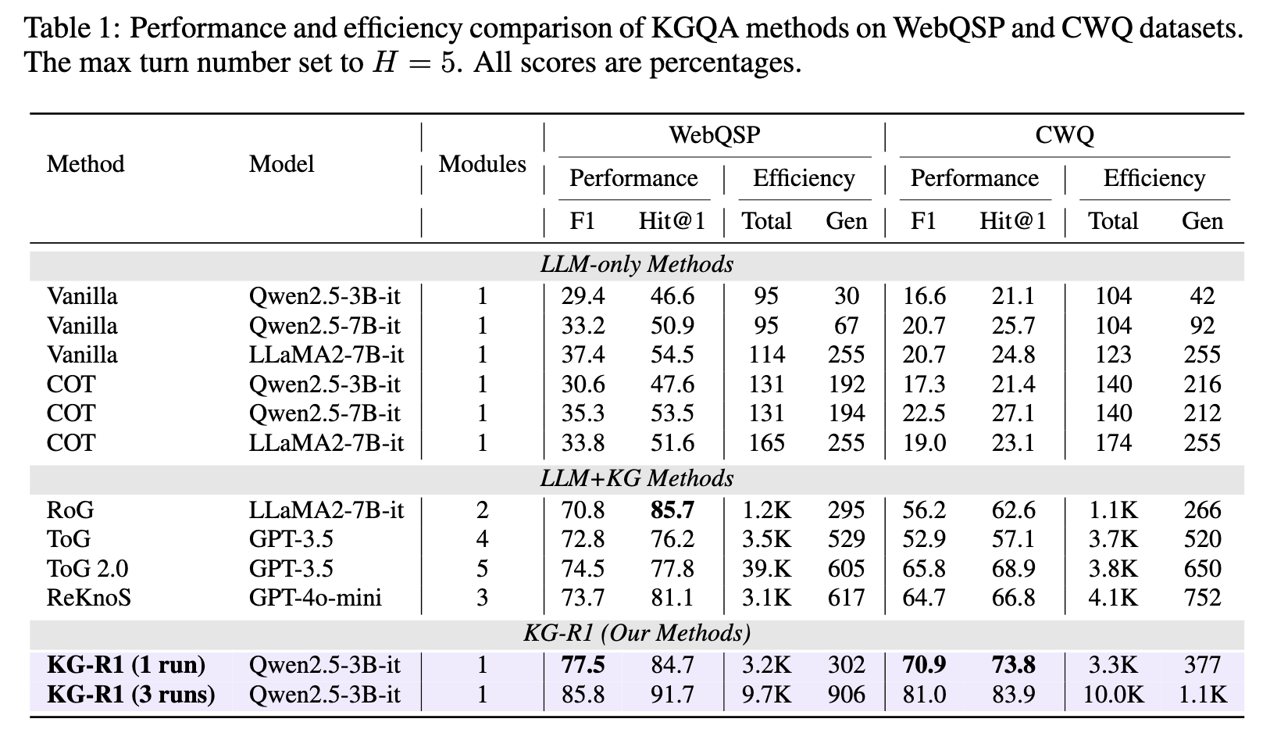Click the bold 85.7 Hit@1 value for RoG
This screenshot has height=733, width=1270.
pyautogui.click(x=672, y=510)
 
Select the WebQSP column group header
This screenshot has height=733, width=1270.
pyautogui.click(x=714, y=135)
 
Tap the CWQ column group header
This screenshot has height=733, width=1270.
pyautogui.click(x=1064, y=135)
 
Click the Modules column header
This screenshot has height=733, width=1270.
pyautogui.click(x=482, y=164)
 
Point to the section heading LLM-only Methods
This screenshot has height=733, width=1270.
pyautogui.click(x=637, y=265)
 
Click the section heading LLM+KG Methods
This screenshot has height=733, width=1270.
pyautogui.click(x=637, y=478)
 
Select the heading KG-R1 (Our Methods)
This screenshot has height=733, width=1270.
pyautogui.click(x=637, y=632)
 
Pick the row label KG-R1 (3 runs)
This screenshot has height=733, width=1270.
pyautogui.click(x=131, y=694)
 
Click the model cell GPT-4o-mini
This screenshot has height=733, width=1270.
pyautogui.click(x=315, y=598)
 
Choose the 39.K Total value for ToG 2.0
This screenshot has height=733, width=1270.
pyautogui.click(x=766, y=569)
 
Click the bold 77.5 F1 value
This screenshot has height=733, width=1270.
pyautogui.click(x=583, y=665)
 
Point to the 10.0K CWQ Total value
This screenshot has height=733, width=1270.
pyautogui.click(x=1113, y=694)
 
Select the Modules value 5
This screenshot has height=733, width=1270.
pyautogui.click(x=482, y=569)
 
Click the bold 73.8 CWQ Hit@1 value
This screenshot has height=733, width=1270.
pyautogui.click(x=1012, y=665)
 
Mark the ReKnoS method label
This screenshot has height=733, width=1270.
pyautogui.click(x=88, y=598)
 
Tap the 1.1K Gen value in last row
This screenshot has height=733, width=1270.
pyautogui.click(x=1201, y=694)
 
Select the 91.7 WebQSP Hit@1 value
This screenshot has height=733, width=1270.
pyautogui.click(x=672, y=694)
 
